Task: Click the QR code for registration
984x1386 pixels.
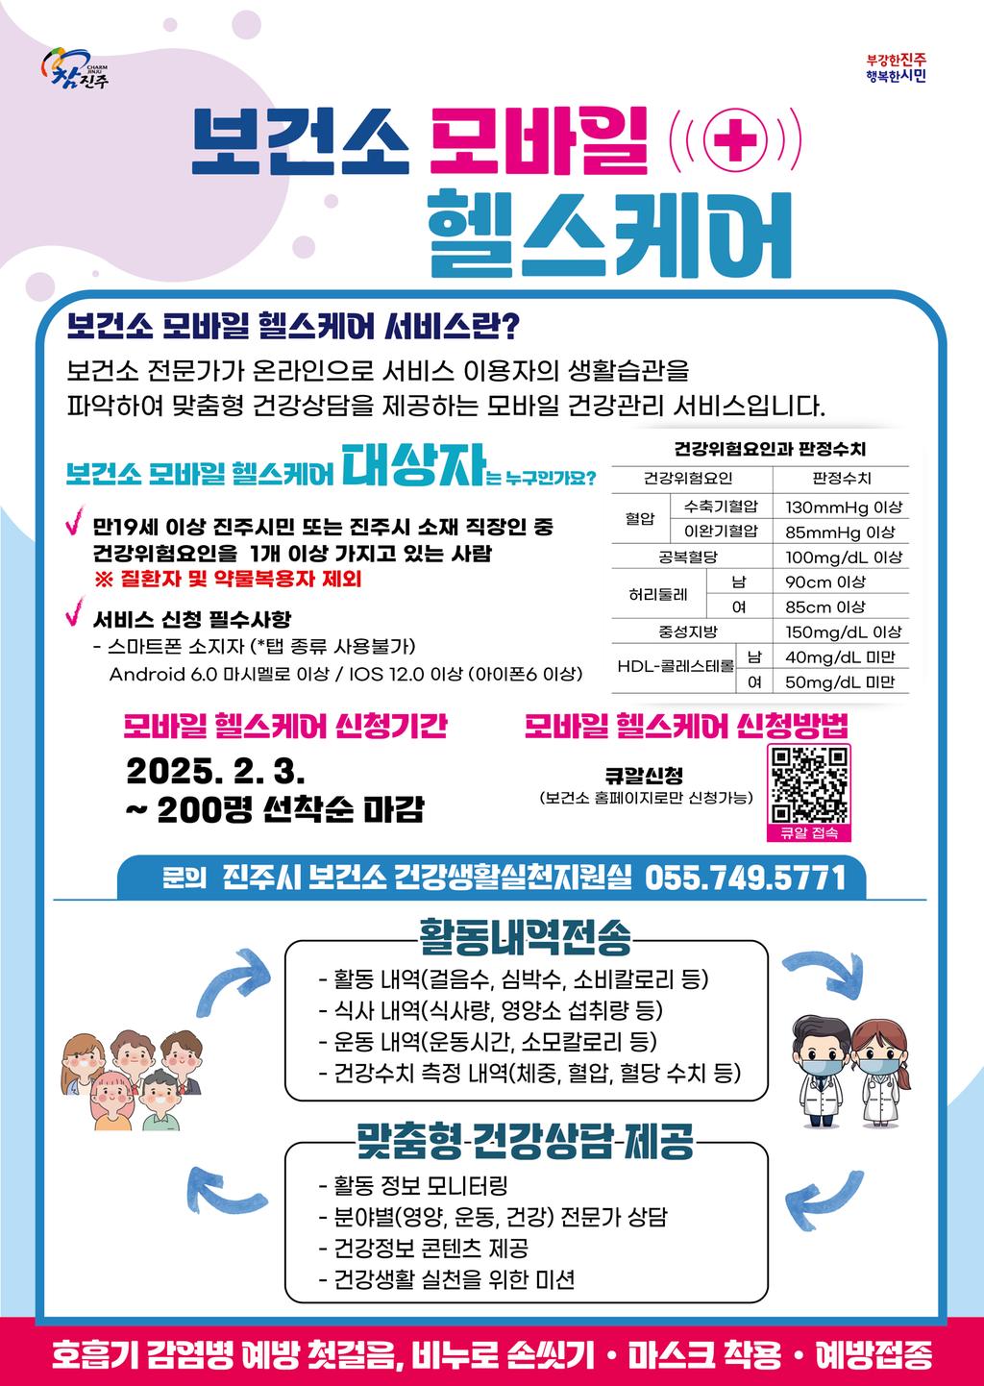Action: pos(809,783)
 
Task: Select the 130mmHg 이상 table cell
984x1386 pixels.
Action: pos(843,507)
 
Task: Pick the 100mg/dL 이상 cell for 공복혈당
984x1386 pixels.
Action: pos(843,557)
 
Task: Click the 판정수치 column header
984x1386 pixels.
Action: pos(842,479)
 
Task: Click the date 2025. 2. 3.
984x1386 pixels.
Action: pos(215,771)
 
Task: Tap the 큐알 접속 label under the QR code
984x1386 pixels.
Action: pos(808,832)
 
